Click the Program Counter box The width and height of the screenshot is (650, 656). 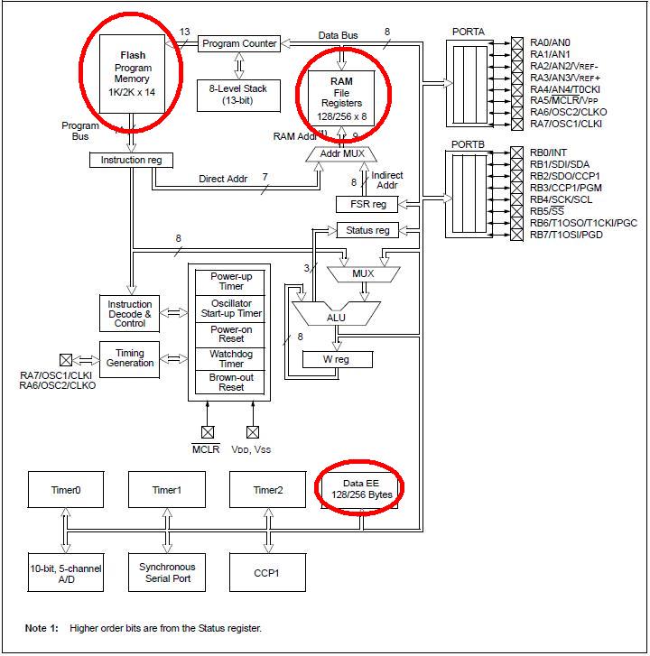239,43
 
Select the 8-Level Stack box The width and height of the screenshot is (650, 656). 238,94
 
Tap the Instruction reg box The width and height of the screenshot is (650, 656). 132,160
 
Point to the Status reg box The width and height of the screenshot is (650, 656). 367,230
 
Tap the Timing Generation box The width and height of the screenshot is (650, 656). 130,356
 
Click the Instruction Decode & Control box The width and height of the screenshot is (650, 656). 130,312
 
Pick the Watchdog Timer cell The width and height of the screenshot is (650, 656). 231,358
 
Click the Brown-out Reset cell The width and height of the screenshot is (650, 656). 231,382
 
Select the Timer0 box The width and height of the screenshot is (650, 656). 66,490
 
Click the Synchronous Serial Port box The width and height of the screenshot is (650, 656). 167,572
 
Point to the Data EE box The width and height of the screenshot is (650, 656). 360,489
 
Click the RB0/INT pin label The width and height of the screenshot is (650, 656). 549,152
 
